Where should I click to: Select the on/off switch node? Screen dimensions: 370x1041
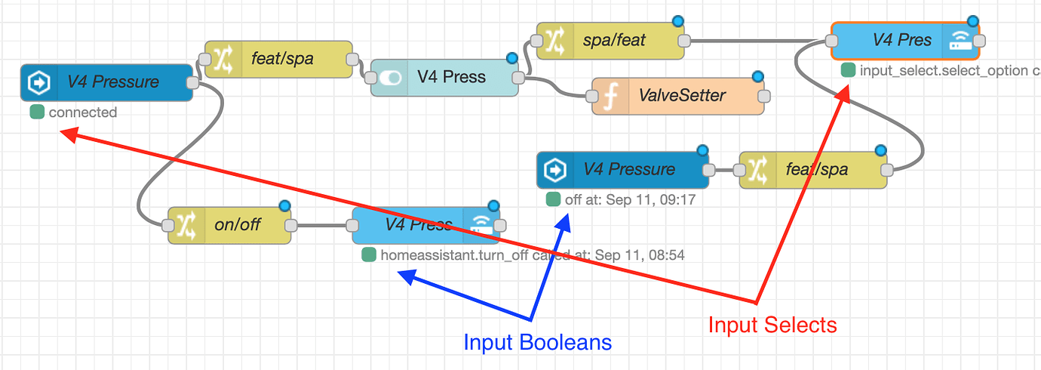pyautogui.click(x=229, y=225)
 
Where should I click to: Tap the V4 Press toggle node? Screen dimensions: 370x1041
pyautogui.click(x=444, y=77)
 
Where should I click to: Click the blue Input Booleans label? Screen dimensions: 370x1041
pyautogui.click(x=537, y=342)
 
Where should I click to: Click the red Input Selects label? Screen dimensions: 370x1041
pyautogui.click(x=772, y=325)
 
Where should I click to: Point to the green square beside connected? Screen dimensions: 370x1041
pyautogui.click(x=36, y=113)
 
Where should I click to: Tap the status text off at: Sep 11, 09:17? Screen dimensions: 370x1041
pyautogui.click(x=630, y=200)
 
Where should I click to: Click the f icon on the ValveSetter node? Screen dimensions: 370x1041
pyautogui.click(x=610, y=96)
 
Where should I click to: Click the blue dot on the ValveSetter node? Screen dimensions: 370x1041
pyautogui.click(x=757, y=76)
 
